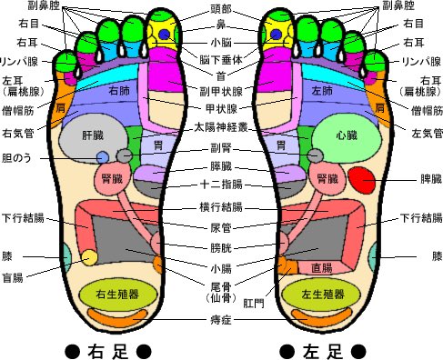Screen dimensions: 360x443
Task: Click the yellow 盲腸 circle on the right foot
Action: tap(89, 258)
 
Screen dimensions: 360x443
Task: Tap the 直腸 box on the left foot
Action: tap(322, 267)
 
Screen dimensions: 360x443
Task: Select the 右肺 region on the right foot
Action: tap(118, 92)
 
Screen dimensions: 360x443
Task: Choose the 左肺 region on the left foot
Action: tap(319, 92)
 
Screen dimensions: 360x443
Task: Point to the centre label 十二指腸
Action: tap(220, 185)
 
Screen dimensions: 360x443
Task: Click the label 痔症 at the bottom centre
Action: tap(220, 320)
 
